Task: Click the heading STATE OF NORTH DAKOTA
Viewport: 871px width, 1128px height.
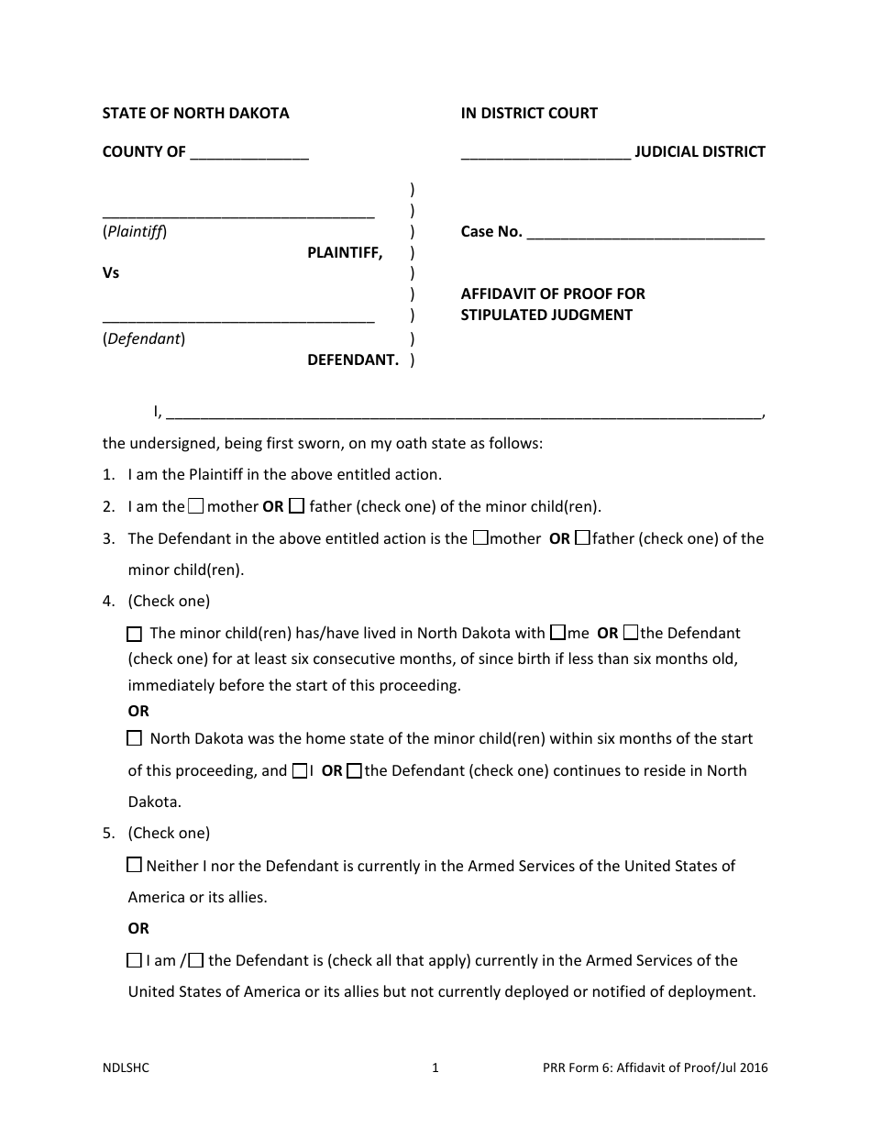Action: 195,113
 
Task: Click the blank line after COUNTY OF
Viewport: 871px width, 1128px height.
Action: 249,153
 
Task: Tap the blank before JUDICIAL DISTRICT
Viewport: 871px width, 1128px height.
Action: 546,153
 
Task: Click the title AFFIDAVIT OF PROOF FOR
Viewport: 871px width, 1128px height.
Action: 553,293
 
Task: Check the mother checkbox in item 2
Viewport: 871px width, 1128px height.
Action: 196,505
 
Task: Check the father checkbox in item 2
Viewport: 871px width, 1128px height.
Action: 297,505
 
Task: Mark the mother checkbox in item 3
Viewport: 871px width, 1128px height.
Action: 480,538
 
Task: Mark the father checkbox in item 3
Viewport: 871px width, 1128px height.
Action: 582,538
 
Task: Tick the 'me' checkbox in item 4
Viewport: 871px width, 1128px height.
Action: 557,633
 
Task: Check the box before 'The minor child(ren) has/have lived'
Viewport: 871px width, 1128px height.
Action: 135,634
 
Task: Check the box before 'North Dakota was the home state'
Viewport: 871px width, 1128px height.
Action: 135,738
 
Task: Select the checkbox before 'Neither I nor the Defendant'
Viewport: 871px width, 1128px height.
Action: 135,865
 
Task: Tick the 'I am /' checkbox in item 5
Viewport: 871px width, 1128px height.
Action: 135,960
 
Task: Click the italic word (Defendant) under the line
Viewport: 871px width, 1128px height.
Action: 144,339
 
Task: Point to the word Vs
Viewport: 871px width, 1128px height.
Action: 111,272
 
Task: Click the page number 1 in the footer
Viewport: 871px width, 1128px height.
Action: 435,1067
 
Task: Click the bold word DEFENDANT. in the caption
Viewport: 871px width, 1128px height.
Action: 353,359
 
